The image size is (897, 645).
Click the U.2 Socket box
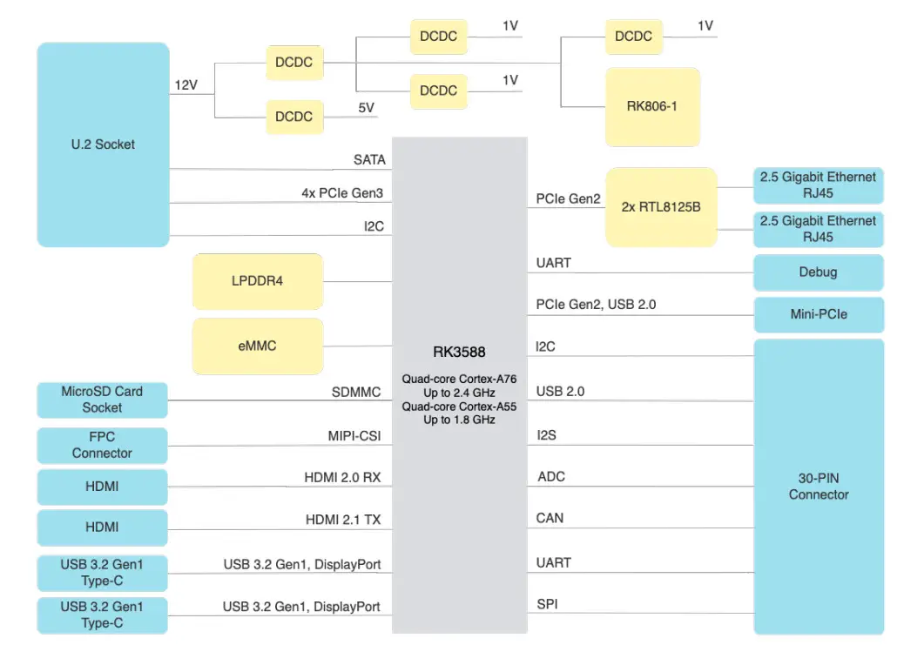tap(103, 144)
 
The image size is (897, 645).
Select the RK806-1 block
tap(652, 107)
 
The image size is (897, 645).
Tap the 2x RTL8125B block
tap(661, 207)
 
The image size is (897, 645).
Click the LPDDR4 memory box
tap(257, 281)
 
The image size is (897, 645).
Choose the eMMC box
tap(257, 346)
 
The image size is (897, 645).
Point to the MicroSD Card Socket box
tap(102, 400)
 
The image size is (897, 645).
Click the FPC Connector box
tap(102, 445)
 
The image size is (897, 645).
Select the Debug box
tap(818, 272)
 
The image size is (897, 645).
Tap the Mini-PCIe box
tap(818, 314)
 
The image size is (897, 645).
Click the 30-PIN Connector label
tap(818, 487)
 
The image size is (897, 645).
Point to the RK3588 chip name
tap(459, 353)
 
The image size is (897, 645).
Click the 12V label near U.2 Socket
tap(186, 85)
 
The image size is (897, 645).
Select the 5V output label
tap(366, 108)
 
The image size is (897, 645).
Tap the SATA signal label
tap(368, 160)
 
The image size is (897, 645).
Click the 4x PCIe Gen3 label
tap(342, 193)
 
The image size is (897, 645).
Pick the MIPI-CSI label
tap(354, 434)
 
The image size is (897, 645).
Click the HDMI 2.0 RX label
tap(342, 478)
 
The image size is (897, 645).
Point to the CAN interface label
tap(550, 518)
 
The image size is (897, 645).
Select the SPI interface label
tap(548, 603)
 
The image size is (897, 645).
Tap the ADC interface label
tap(550, 477)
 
